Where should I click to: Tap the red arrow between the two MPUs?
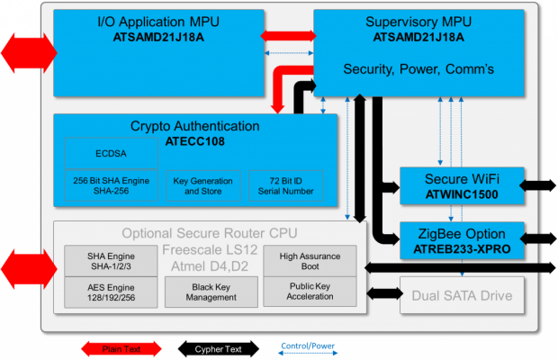pyautogui.click(x=287, y=36)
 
